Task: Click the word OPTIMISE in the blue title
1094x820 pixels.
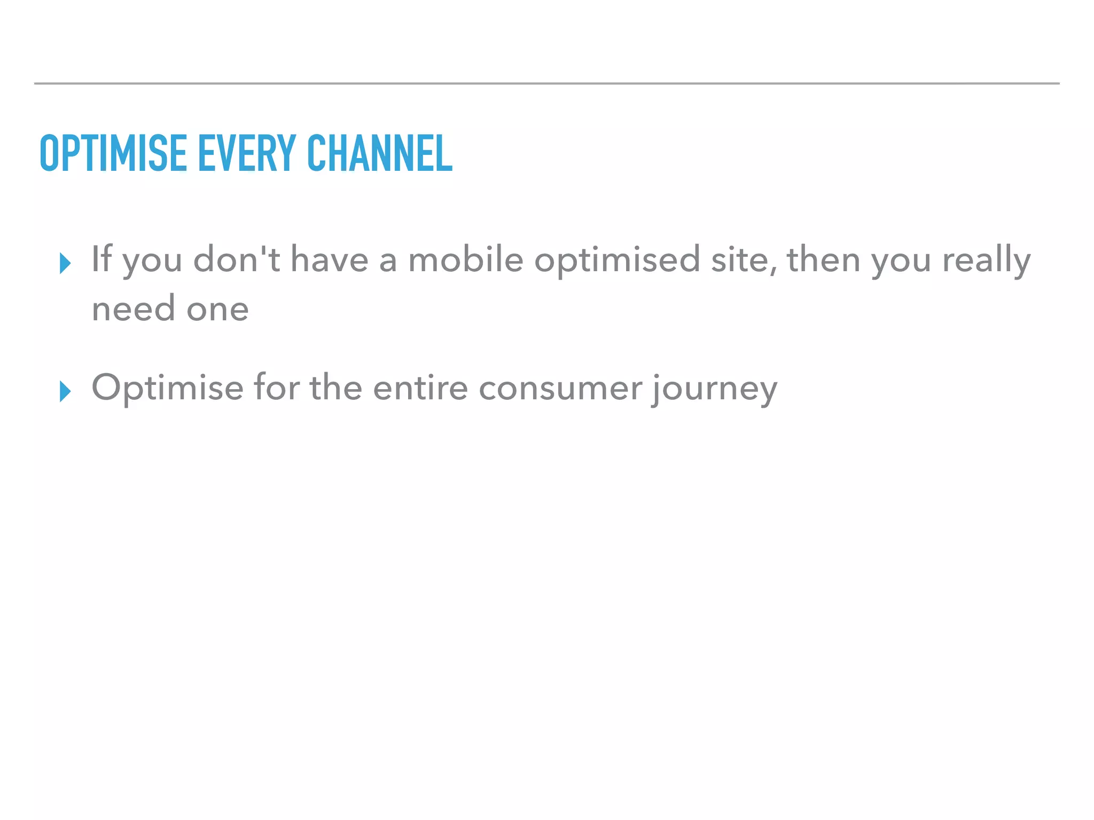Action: pyautogui.click(x=113, y=153)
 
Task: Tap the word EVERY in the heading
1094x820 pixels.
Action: pyautogui.click(x=247, y=153)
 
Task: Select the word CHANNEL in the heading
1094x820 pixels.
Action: pyautogui.click(x=380, y=153)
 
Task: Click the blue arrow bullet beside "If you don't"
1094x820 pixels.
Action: pyautogui.click(x=65, y=263)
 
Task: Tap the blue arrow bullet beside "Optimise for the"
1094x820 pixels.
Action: pyautogui.click(x=65, y=391)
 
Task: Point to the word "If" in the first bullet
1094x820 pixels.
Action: pyautogui.click(x=101, y=259)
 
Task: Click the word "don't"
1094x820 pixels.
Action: pyautogui.click(x=236, y=259)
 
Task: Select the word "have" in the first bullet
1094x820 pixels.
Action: pyautogui.click(x=330, y=259)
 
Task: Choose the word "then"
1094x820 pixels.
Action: pyautogui.click(x=824, y=259)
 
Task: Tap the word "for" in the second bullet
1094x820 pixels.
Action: pyautogui.click(x=276, y=388)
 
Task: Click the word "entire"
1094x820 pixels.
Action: pyautogui.click(x=420, y=388)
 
